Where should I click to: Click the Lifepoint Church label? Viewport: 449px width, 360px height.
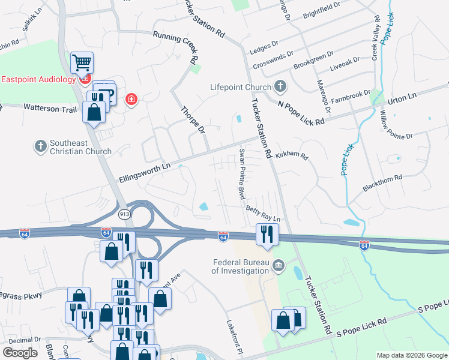241,87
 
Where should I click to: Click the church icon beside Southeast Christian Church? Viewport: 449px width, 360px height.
41,146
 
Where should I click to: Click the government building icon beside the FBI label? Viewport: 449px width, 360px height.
279,266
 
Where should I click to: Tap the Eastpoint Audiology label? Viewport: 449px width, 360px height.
38,79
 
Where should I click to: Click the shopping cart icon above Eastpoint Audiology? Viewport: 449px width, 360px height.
82,62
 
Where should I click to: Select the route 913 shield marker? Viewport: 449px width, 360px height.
124,214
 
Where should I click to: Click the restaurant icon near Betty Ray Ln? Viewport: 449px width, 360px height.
266,233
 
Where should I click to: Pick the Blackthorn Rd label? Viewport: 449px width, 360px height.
381,184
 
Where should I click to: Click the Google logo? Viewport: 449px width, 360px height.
20,353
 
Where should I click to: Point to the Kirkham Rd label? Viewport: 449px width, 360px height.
292,155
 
